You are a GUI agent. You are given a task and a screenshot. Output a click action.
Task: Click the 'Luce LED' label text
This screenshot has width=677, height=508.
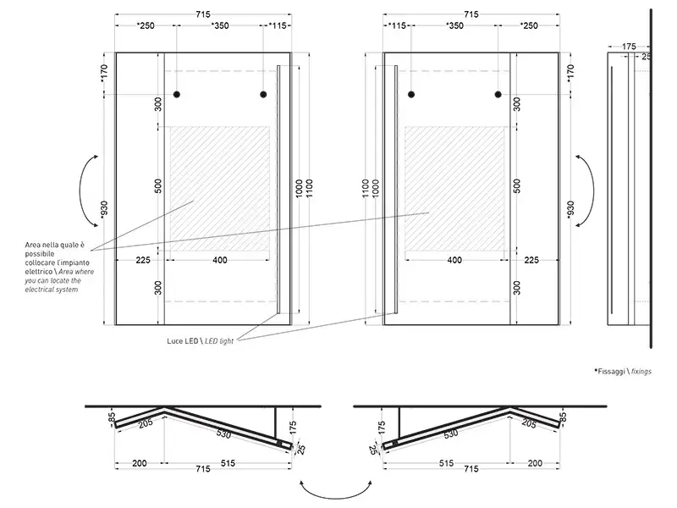tap(182, 341)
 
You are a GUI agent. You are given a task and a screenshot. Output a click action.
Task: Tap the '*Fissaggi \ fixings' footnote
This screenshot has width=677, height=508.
tap(623, 371)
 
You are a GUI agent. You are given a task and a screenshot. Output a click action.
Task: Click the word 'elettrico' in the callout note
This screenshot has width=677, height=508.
tap(38, 272)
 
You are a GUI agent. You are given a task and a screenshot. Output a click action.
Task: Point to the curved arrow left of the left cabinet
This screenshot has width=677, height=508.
tap(81, 190)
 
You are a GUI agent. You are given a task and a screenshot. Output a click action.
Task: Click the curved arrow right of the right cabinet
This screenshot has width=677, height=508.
tap(592, 190)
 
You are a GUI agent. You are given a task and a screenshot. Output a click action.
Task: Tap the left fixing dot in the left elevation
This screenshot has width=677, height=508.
tap(177, 94)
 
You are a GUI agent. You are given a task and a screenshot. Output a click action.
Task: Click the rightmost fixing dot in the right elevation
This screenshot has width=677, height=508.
tap(498, 94)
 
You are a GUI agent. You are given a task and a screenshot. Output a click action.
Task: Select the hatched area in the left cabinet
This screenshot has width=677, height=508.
tap(220, 188)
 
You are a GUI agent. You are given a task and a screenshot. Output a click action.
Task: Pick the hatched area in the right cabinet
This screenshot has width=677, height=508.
tap(454, 188)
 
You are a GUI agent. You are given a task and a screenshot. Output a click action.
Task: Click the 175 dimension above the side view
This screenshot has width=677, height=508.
tap(629, 47)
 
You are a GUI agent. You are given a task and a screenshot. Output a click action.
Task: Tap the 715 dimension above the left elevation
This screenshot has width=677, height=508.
tap(203, 14)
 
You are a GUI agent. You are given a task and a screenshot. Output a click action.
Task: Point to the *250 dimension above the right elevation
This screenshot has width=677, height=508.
tap(529, 25)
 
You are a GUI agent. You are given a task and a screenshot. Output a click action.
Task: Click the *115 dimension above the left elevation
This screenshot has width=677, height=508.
tap(278, 25)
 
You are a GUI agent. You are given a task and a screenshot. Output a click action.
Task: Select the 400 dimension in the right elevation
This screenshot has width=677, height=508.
tap(454, 260)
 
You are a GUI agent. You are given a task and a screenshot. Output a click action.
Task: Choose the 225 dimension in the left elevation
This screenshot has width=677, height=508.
tap(143, 260)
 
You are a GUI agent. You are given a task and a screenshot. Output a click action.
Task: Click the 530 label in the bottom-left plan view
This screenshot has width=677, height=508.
tap(223, 433)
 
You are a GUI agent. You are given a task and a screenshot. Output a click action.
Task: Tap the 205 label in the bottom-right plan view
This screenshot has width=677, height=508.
tap(529, 423)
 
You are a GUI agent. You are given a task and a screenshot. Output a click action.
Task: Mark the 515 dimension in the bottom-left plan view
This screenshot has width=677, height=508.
tap(228, 463)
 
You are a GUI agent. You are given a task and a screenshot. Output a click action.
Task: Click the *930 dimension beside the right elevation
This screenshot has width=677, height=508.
tap(570, 210)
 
